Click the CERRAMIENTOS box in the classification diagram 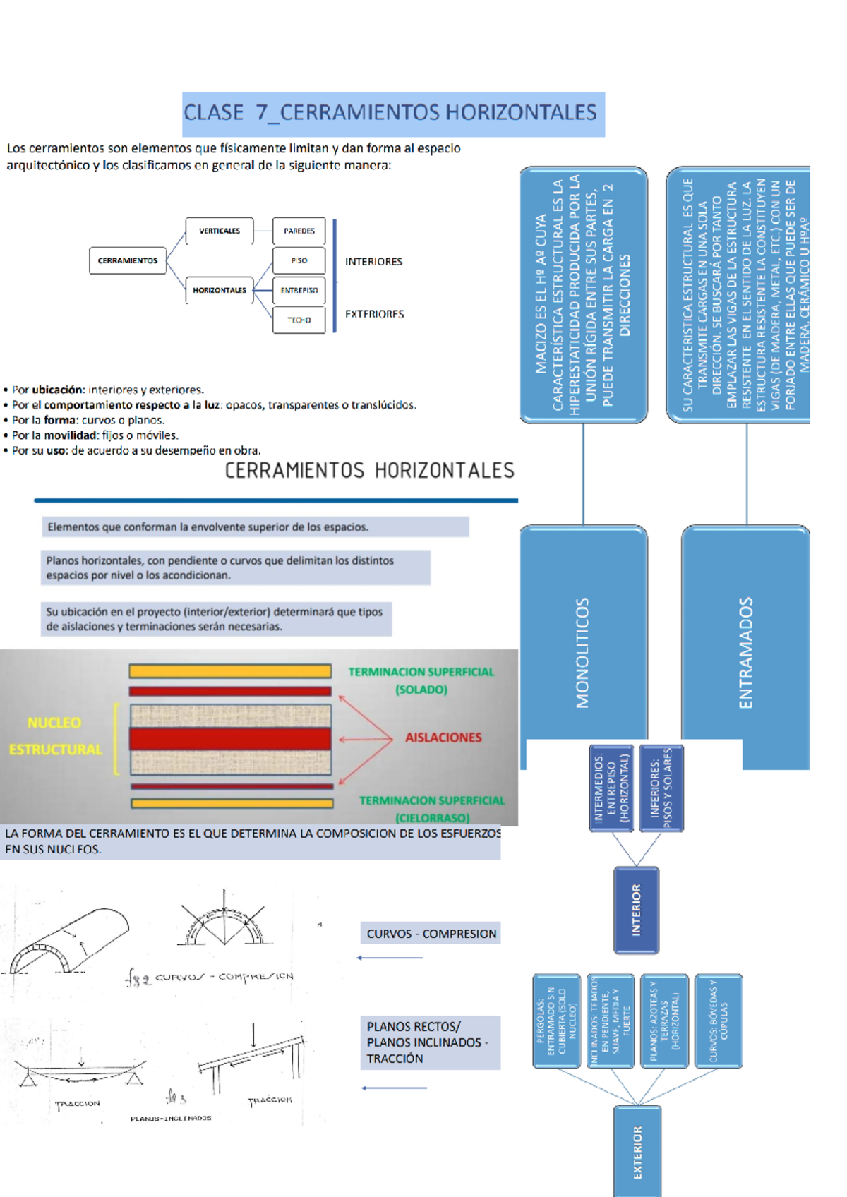click(x=128, y=260)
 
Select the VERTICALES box click(x=220, y=231)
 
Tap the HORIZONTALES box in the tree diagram click(x=220, y=290)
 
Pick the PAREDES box click(x=299, y=231)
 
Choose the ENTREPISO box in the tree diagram click(x=299, y=290)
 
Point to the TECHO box click(x=299, y=320)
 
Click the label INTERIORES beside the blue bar click(x=373, y=262)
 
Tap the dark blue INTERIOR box click(x=636, y=910)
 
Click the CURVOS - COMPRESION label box click(x=431, y=934)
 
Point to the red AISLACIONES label click(x=443, y=738)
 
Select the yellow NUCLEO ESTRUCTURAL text click(x=55, y=736)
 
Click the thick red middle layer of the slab click(x=230, y=739)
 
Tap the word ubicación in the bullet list click(x=58, y=390)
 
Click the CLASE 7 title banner click(x=393, y=114)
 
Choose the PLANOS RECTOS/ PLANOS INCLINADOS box click(x=430, y=1042)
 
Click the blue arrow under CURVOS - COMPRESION click(x=390, y=958)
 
